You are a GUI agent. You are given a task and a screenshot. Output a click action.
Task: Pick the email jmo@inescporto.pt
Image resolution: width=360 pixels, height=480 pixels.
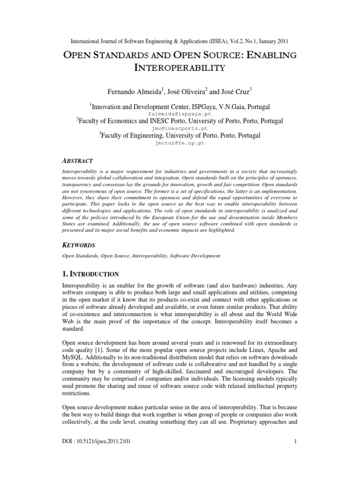[180, 128]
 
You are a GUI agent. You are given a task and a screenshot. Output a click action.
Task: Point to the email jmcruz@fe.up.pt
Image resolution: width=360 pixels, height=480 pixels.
[180, 143]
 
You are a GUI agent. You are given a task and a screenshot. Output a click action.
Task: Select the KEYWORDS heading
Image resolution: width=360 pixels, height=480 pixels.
[79, 245]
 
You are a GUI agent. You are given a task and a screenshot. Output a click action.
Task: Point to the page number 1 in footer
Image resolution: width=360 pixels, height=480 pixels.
[296, 467]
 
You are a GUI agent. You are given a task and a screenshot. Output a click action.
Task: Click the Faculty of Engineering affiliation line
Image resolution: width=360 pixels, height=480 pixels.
[180, 136]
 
